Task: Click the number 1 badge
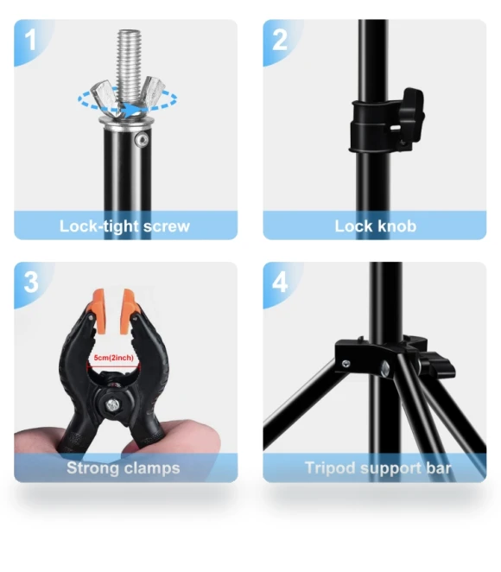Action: [30, 40]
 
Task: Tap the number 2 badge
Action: [280, 40]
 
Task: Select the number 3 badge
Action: [31, 282]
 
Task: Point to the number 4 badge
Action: [280, 282]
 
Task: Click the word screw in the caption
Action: [167, 226]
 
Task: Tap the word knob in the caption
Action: [396, 226]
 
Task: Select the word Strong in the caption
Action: [92, 468]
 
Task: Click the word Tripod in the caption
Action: [330, 468]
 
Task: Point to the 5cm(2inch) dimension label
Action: [113, 358]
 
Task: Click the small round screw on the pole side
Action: [142, 140]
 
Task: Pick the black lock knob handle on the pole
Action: [413, 113]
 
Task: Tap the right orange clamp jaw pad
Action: [129, 311]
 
